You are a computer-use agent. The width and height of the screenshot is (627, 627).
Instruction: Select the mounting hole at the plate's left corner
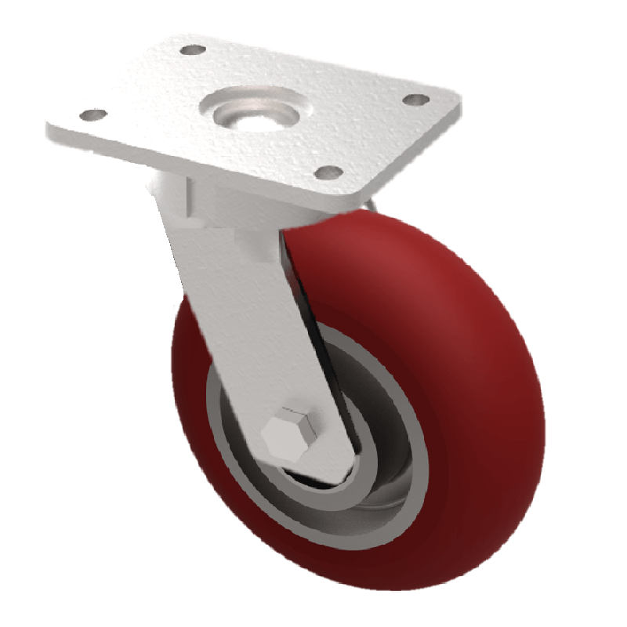tap(93, 116)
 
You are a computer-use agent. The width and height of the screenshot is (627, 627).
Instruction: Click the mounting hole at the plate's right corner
tap(415, 100)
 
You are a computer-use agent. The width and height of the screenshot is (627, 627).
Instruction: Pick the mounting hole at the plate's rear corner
tap(191, 51)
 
